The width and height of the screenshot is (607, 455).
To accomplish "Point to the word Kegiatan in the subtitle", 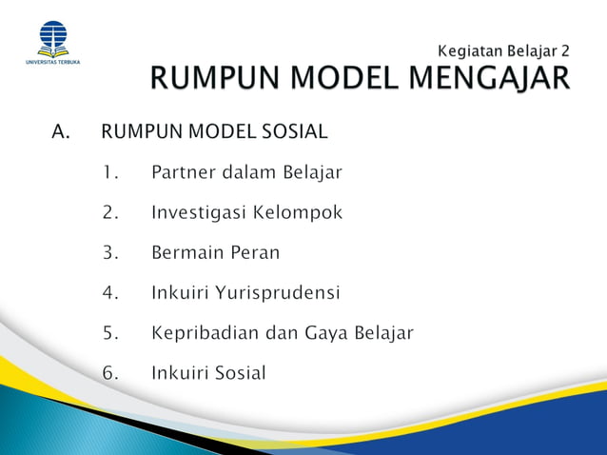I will tap(471, 48).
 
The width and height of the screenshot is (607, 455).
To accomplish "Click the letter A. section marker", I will tap(62, 131).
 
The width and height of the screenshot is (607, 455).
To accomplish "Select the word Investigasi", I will tap(198, 213).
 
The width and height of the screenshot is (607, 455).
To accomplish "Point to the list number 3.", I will tap(110, 253).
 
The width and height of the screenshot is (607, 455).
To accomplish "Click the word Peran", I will tap(254, 253).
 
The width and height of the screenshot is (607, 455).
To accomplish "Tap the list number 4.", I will tap(110, 293).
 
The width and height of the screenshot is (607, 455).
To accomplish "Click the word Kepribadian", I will tap(204, 333).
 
